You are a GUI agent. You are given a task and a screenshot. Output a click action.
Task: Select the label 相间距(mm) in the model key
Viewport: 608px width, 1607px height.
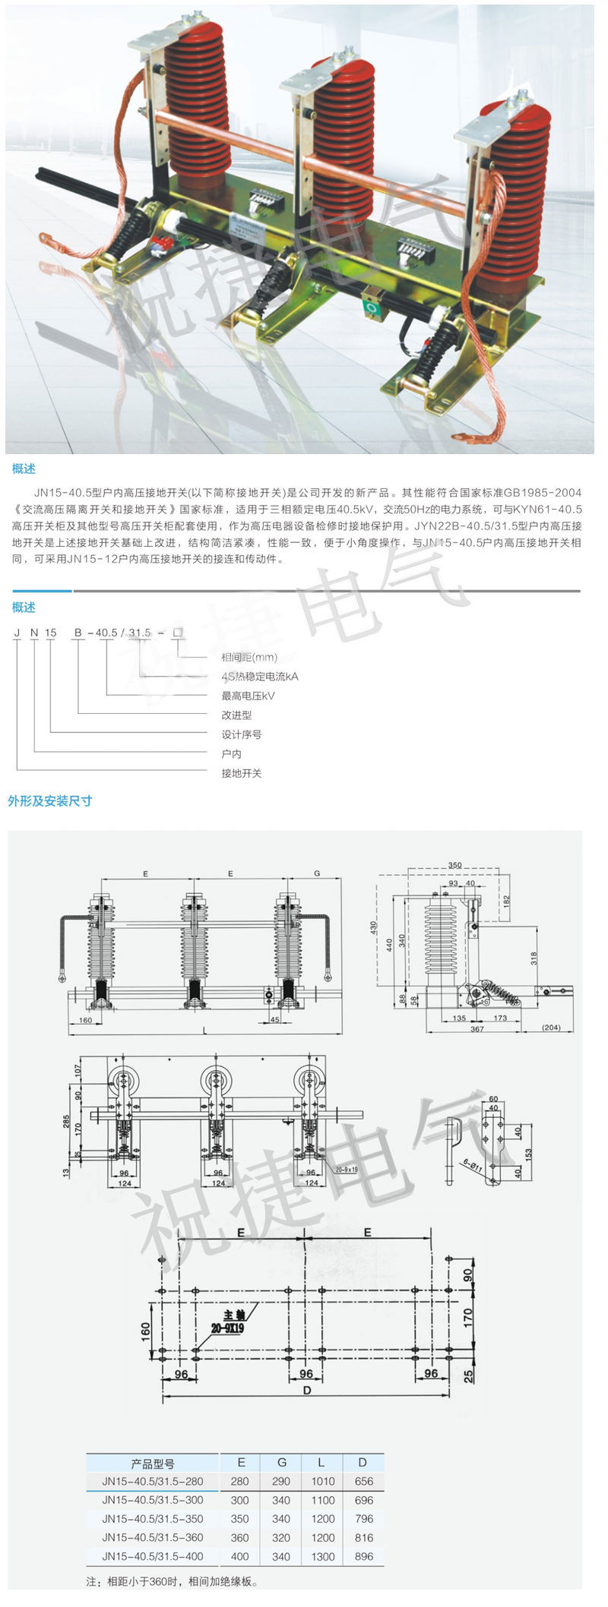pos(249,657)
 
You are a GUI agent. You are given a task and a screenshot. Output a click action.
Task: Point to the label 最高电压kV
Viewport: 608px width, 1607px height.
pos(248,696)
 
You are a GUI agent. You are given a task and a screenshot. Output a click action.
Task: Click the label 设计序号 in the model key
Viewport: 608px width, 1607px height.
pos(241,734)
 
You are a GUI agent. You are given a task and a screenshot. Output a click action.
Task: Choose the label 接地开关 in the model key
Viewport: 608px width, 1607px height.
pos(241,773)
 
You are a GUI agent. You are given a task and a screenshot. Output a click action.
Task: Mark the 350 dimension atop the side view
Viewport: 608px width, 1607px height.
pos(454,865)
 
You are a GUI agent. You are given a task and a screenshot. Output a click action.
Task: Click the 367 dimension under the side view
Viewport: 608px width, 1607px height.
pos(477,1029)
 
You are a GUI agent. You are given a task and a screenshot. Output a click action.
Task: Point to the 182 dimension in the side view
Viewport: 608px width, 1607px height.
pos(507,902)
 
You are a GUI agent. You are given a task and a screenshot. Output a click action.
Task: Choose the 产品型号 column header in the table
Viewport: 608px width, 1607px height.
pos(153,1463)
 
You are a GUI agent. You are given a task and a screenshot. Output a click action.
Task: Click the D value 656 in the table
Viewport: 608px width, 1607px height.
pos(364,1481)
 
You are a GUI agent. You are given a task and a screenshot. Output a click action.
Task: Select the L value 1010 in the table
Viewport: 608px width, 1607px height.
pos(322,1481)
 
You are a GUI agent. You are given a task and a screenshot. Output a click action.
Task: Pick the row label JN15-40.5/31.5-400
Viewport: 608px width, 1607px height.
pos(153,1555)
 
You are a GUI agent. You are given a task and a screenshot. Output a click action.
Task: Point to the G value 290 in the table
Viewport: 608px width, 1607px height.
pos(281,1481)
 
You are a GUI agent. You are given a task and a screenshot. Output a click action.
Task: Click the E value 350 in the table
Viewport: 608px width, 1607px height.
pos(240,1518)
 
